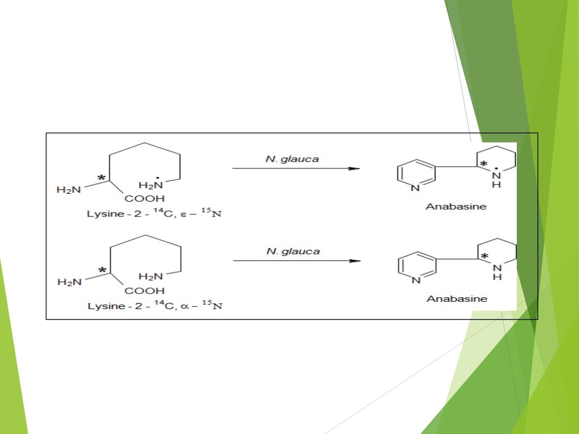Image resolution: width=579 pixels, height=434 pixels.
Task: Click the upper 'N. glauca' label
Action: point(292,159)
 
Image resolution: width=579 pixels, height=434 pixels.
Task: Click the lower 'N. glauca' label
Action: point(293,251)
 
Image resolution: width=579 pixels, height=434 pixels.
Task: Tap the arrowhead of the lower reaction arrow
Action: point(355,261)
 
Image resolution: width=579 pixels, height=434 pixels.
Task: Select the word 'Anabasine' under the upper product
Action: point(456,206)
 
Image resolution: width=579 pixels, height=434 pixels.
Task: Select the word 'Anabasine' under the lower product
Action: point(456,298)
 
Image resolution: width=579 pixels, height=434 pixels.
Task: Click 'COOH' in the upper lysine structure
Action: point(145,198)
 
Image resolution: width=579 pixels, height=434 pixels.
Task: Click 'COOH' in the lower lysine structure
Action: point(145,291)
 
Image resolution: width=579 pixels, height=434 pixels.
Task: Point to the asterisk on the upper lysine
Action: point(102,179)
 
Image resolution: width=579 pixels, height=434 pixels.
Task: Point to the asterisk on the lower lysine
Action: point(102,271)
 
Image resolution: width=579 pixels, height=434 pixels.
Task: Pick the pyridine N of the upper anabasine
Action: point(416,188)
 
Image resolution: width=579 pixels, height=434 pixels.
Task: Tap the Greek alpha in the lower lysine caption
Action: point(187,307)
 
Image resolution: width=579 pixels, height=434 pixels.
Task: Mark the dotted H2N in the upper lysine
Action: point(151,185)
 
